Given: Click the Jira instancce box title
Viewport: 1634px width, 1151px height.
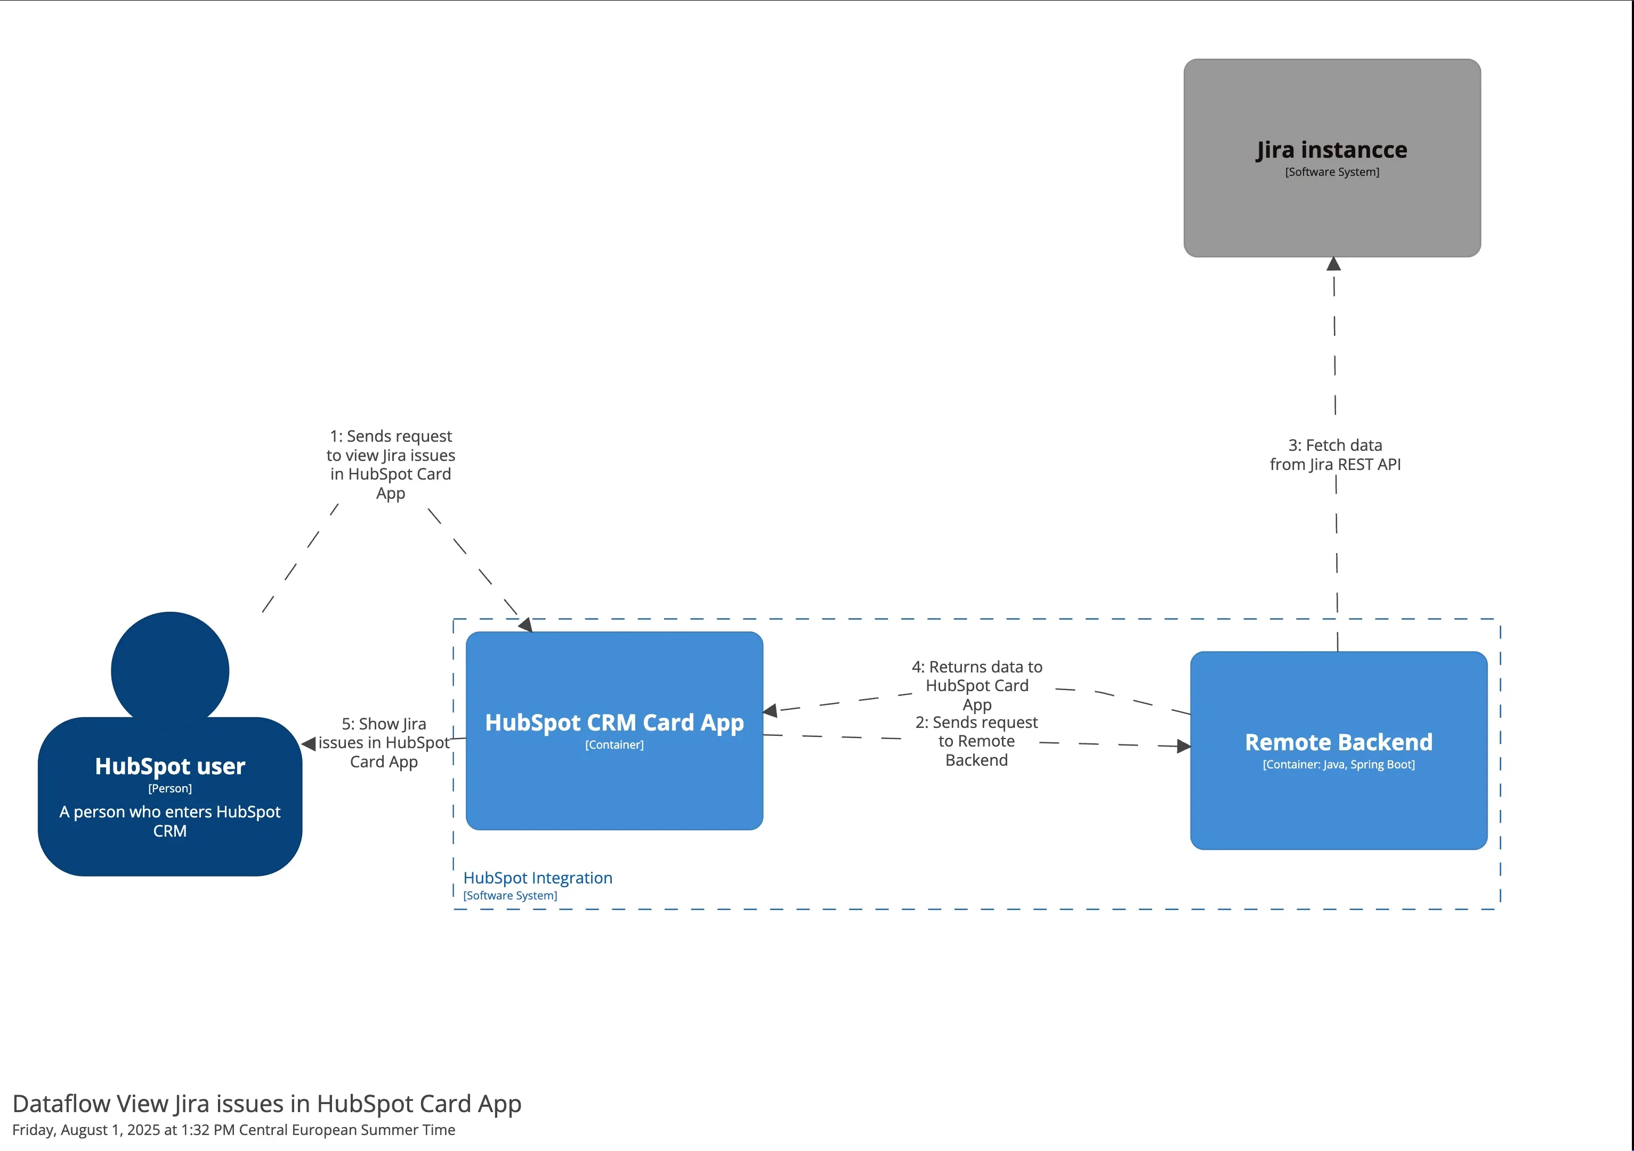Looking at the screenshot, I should click(1331, 150).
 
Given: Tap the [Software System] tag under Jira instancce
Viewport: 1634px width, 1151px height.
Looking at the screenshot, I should click(1331, 172).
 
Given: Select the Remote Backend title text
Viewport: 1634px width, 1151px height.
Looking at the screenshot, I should click(1338, 742).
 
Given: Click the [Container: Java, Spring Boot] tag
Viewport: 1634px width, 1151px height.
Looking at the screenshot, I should click(1338, 765).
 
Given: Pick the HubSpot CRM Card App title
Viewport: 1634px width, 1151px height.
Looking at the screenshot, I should click(614, 722).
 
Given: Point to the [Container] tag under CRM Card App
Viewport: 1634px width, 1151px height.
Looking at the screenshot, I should click(614, 745).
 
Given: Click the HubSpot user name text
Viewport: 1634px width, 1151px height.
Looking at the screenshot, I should click(170, 766).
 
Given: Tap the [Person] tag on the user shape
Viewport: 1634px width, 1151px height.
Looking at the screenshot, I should click(170, 788).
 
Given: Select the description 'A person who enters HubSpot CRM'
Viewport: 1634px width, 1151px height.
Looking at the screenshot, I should click(170, 821).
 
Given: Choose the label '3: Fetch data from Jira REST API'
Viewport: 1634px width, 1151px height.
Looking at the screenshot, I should click(1335, 455).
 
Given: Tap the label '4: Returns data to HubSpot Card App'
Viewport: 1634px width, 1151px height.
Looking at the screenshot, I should click(976, 685).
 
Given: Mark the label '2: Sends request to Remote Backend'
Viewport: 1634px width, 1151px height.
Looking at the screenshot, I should click(976, 741).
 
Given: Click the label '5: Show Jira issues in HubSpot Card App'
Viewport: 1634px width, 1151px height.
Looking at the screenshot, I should click(384, 743).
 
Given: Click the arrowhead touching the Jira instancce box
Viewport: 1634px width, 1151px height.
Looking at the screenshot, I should click(1333, 264).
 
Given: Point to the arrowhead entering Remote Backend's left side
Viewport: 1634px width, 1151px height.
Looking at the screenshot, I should click(1184, 746).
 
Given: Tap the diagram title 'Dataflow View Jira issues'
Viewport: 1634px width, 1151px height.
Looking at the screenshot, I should click(267, 1104).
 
